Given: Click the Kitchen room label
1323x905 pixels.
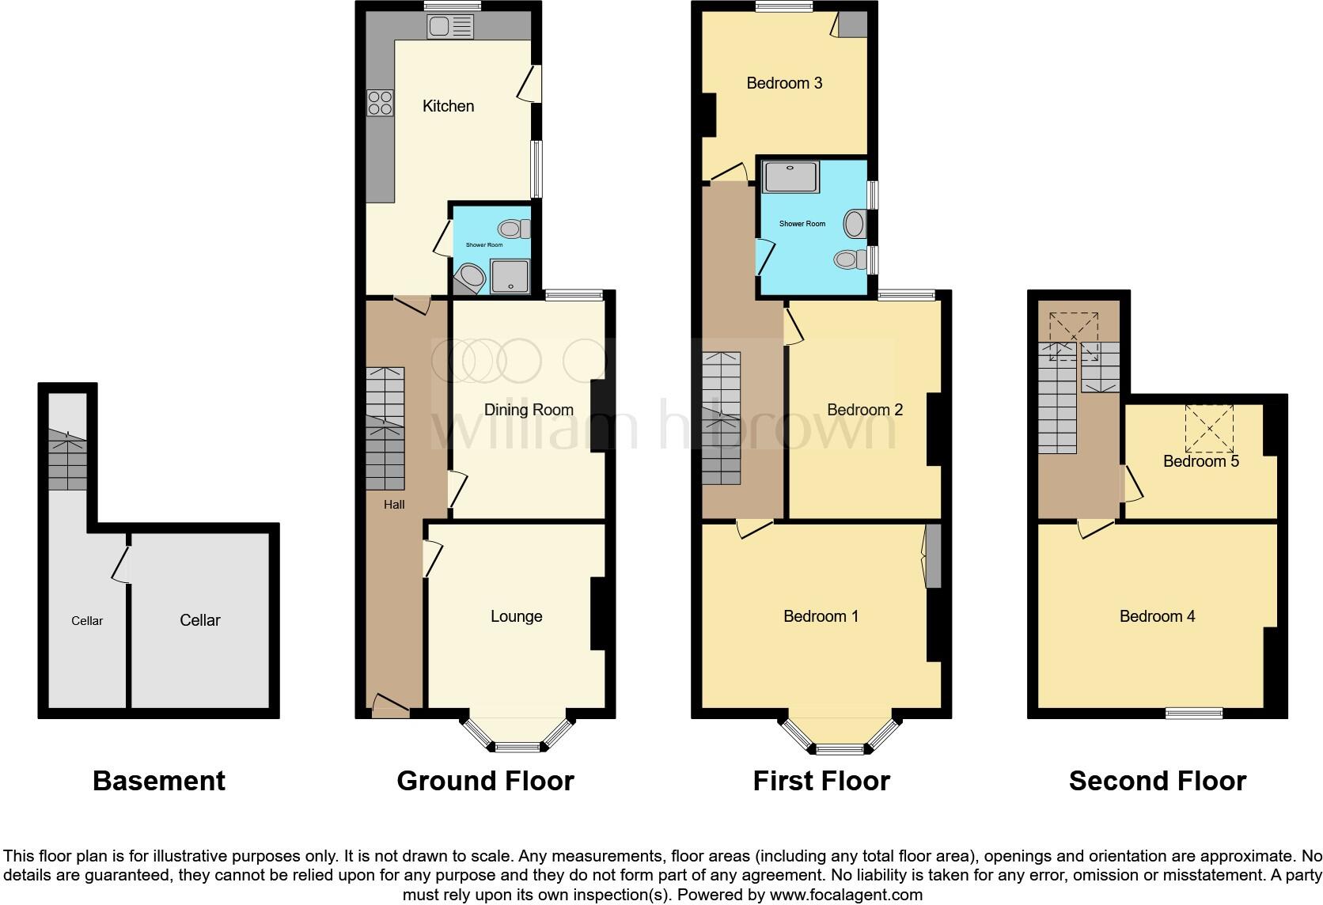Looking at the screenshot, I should pos(448,106).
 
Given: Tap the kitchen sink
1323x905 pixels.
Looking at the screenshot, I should pos(449,28).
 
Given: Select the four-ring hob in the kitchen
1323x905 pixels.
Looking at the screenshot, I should pos(380,103).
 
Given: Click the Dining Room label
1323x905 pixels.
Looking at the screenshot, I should pos(529,410).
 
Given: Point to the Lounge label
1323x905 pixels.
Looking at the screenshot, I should pos(516,616).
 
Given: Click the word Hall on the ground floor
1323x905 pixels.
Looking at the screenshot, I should pos(394,505).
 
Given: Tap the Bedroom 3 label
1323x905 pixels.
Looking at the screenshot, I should pos(784,83).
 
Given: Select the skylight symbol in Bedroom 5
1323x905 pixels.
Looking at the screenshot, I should pos(1209,427).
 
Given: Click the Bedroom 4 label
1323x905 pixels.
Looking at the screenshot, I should pos(1157,616).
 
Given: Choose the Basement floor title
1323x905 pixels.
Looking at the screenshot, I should pos(159,781).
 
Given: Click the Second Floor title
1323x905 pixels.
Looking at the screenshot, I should pos(1157,781).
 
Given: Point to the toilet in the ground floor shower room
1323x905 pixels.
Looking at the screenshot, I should pos(515,229).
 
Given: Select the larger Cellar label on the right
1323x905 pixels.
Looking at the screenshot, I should pos(199,620).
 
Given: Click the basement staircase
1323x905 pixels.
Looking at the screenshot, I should pos(67,460).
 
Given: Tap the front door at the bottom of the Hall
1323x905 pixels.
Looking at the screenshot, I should pos(390,706).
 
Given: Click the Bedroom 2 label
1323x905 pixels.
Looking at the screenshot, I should pos(864,410).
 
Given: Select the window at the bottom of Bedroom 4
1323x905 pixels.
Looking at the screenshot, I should pos(1194,713).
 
